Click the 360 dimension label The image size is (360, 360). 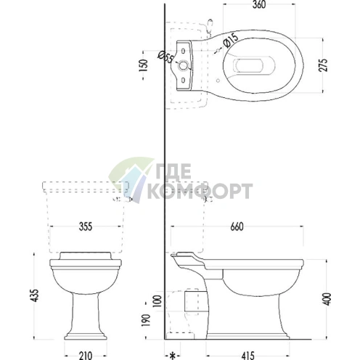[259, 4]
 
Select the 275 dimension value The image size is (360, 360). [323, 65]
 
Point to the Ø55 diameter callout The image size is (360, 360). [165, 57]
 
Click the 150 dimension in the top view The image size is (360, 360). [143, 65]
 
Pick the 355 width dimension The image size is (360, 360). [86, 226]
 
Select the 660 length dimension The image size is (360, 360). [237, 226]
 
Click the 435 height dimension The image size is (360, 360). [35, 295]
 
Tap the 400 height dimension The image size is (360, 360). [327, 299]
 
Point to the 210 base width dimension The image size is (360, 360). [86, 356]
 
